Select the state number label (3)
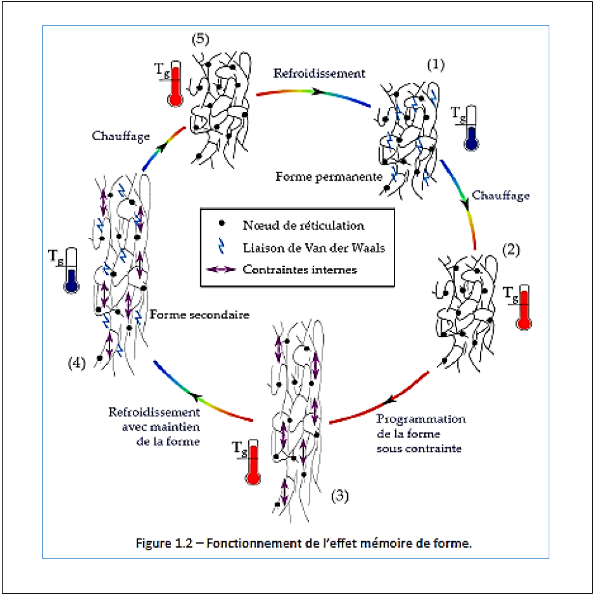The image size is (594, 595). [x=340, y=496]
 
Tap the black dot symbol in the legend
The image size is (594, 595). [x=222, y=224]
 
